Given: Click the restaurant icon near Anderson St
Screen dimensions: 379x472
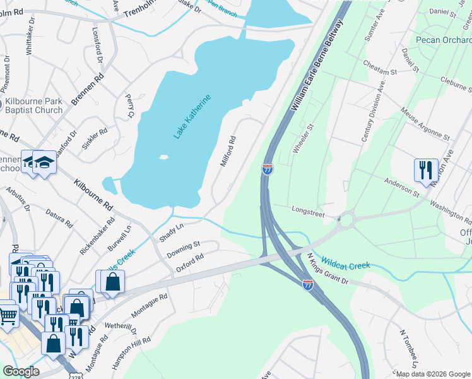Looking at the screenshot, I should tap(425, 170).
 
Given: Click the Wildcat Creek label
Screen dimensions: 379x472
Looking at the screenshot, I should tap(345, 262).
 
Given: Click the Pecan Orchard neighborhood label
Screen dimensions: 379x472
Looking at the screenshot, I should tap(444, 40).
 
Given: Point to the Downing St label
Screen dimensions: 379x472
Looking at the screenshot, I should tap(183, 249).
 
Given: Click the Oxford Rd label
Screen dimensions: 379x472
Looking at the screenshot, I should tap(190, 263).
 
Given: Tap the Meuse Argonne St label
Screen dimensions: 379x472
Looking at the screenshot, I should tap(425, 123).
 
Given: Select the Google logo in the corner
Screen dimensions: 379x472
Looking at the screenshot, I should tap(21, 371).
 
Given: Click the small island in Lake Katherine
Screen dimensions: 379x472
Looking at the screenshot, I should tap(164, 157).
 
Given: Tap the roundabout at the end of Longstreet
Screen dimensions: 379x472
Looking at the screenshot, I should tap(346, 221).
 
